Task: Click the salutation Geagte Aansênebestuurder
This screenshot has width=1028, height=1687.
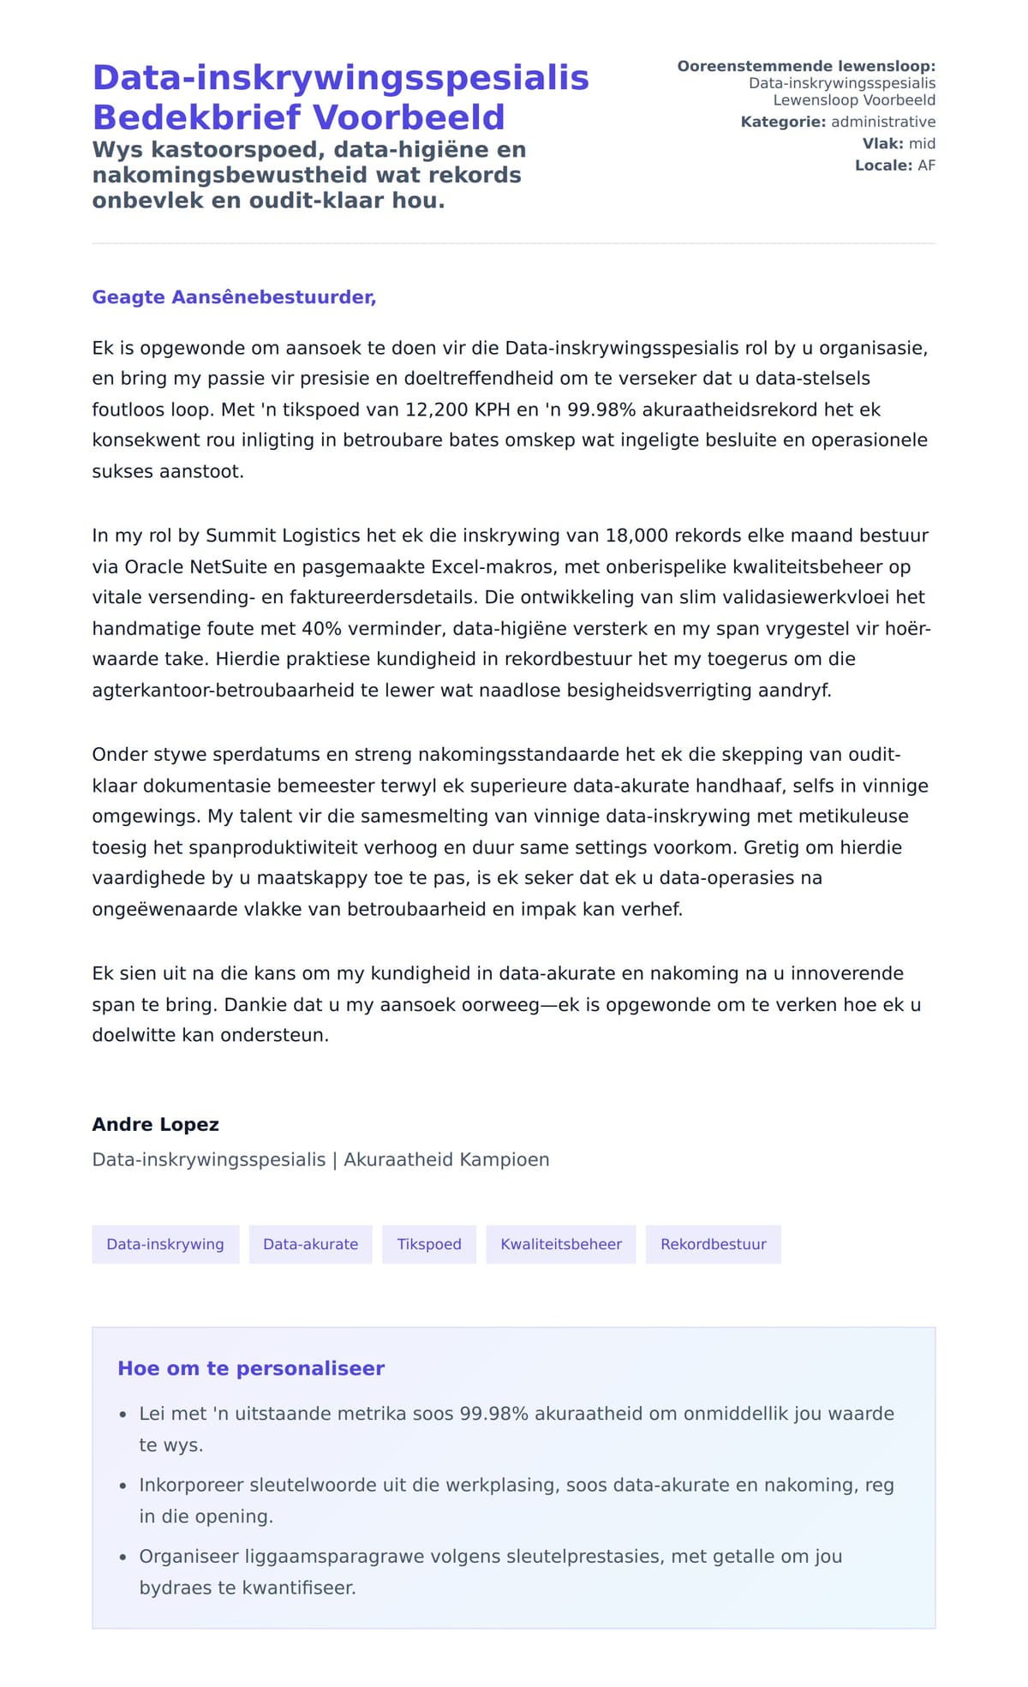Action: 234,297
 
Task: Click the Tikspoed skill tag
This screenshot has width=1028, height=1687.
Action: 429,1244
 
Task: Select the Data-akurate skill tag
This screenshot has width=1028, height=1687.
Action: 310,1244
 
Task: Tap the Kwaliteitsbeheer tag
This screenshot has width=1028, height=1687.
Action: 561,1244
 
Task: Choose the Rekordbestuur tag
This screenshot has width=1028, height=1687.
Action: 713,1244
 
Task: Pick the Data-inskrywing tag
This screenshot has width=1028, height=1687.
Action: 165,1244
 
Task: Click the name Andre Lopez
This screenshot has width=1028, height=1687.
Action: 156,1124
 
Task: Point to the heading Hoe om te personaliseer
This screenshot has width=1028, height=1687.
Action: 251,1368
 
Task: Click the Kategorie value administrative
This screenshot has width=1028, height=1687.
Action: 883,122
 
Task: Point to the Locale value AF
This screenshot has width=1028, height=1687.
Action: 926,165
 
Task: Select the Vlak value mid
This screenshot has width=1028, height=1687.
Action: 922,143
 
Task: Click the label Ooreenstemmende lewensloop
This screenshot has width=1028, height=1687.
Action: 805,66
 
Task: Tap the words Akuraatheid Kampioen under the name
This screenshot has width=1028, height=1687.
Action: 446,1159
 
